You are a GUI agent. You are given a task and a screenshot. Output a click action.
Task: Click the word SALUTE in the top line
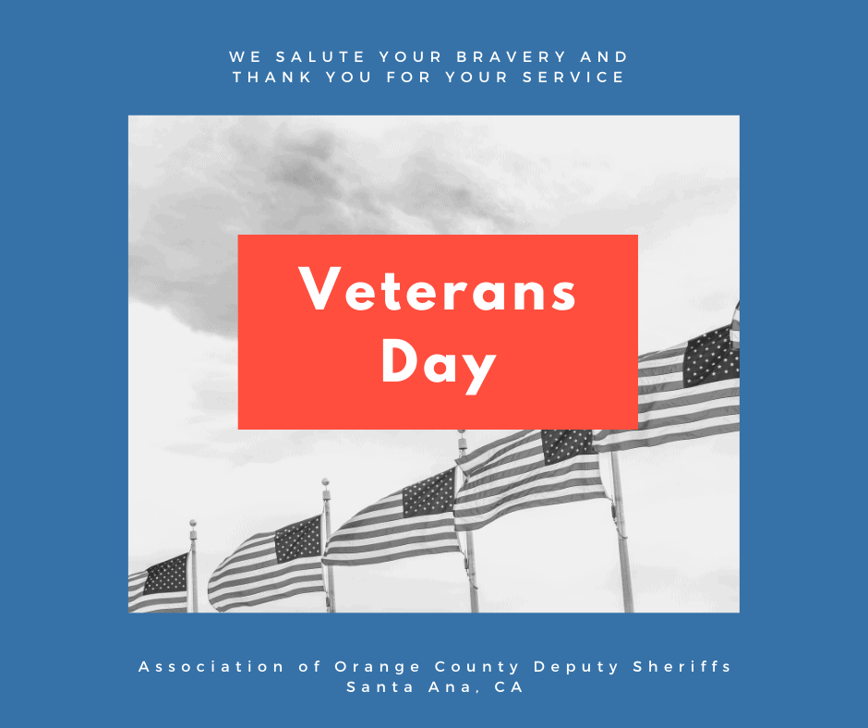320,56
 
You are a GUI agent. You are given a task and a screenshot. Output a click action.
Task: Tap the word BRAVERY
512,56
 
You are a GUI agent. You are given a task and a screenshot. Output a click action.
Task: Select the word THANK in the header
272,77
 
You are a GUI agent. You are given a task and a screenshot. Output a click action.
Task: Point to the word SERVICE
573,77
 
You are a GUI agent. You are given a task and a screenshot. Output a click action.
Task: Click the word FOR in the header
408,77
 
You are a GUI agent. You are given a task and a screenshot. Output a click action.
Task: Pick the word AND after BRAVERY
604,56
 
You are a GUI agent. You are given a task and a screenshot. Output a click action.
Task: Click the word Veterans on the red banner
438,290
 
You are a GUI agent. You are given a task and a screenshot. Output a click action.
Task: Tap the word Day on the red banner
439,364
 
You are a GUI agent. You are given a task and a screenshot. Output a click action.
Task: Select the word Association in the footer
211,666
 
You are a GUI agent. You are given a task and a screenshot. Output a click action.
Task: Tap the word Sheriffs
682,666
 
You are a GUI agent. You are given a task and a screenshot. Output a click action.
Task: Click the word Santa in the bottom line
380,687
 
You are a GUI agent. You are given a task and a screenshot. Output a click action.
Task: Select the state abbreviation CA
509,687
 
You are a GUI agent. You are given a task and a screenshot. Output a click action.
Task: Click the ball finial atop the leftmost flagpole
193,523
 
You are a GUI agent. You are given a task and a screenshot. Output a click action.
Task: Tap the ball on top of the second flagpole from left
325,482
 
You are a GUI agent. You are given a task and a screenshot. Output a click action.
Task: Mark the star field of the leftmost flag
166,574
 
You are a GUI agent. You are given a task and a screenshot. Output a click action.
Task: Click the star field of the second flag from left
298,539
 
